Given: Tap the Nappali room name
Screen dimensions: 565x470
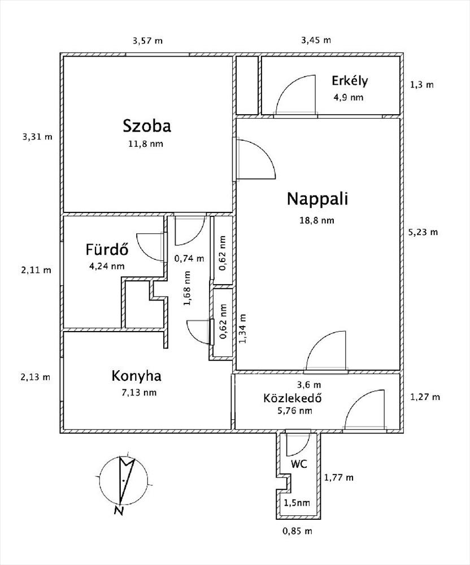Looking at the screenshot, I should tap(317, 199).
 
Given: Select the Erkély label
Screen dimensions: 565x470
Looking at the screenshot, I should tap(350, 81).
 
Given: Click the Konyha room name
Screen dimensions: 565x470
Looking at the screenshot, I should tap(137, 376).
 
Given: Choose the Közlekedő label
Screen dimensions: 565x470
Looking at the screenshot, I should tap(293, 398).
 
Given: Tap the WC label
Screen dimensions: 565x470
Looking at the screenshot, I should tap(299, 464).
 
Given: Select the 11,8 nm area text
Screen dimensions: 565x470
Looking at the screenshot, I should tap(146, 144).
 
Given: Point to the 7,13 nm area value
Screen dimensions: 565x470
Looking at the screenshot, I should tap(138, 393).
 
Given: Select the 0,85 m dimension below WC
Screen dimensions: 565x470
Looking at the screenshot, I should tap(297, 531).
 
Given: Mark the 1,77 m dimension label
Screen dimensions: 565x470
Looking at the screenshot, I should tap(338, 477).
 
